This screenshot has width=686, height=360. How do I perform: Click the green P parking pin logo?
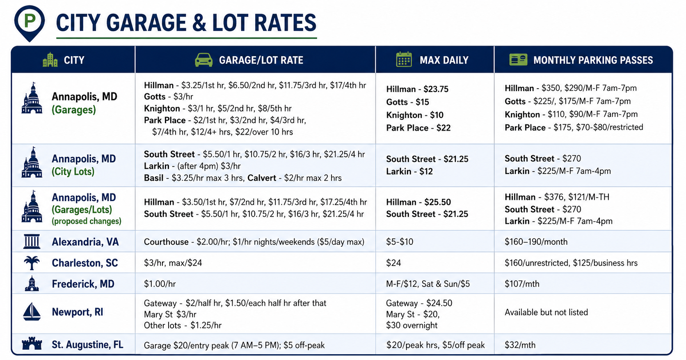tap(30, 23)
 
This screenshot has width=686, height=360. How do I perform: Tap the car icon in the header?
tap(204, 60)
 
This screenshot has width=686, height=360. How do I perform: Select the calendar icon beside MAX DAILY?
tap(404, 60)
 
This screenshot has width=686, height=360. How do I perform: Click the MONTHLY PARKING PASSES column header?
tap(593, 60)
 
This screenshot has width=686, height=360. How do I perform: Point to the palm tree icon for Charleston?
tap(32, 263)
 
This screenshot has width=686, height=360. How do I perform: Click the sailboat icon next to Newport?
tap(32, 312)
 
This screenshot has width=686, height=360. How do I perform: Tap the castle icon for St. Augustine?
tap(32, 344)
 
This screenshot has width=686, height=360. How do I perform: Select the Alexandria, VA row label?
tap(85, 242)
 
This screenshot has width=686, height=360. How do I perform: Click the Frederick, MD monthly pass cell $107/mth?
tap(522, 284)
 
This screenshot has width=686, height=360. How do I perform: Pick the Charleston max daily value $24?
tap(393, 263)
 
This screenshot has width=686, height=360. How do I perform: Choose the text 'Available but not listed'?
tap(547, 312)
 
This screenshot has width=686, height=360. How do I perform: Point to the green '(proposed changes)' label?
tap(86, 221)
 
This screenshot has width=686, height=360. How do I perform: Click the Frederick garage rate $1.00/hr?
tap(160, 284)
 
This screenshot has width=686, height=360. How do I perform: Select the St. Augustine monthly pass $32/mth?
tap(520, 345)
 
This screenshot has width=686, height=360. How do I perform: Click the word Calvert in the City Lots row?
tap(262, 178)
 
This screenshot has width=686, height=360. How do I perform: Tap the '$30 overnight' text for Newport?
tap(412, 326)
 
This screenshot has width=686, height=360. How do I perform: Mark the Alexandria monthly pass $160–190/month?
tap(536, 242)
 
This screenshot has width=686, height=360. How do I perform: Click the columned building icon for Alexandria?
tap(32, 241)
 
